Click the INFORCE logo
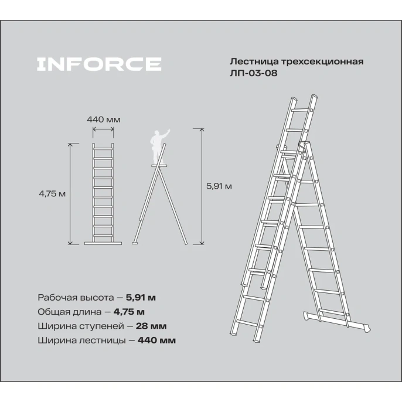pyautogui.click(x=99, y=64)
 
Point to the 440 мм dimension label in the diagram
pyautogui.click(x=104, y=119)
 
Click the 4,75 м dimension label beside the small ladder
pyautogui.click(x=52, y=193)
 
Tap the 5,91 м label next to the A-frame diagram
pyautogui.click(x=219, y=186)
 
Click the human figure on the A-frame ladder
pyautogui.click(x=157, y=147)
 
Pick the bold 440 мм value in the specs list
pyautogui.click(x=156, y=340)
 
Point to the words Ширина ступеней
pyautogui.click(x=77, y=325)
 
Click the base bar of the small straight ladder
pyautogui.click(x=104, y=243)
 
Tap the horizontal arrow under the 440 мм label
pyautogui.click(x=104, y=130)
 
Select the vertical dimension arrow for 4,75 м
pyautogui.click(x=71, y=193)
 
